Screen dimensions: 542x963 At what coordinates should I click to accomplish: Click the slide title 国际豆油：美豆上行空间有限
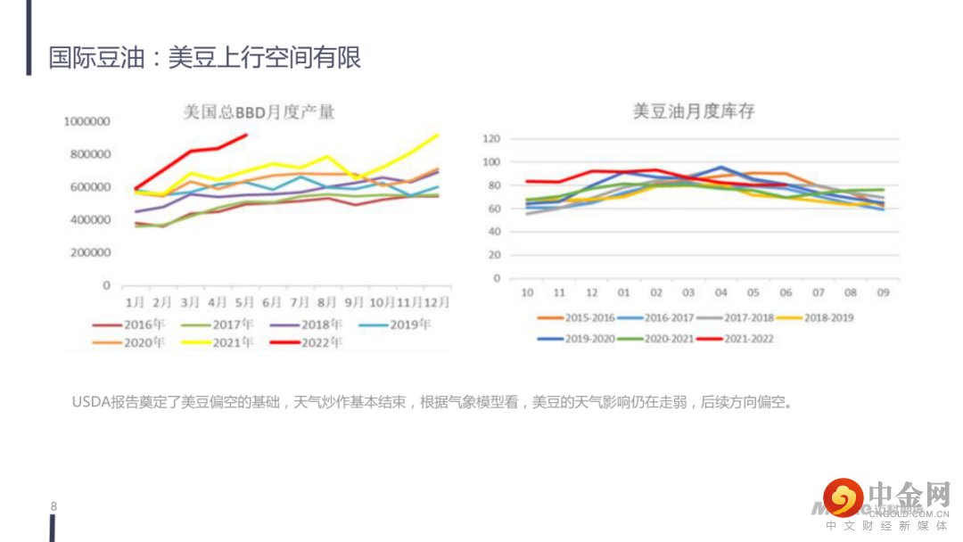tap(205, 58)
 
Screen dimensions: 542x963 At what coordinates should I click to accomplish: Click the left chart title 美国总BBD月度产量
tap(259, 112)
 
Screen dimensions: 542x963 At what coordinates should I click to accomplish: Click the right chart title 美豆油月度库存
tap(695, 111)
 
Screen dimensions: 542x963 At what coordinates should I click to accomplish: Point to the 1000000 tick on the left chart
tap(86, 121)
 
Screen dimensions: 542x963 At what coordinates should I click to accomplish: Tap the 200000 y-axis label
tap(90, 252)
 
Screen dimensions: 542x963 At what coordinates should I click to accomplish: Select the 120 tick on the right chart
tap(491, 139)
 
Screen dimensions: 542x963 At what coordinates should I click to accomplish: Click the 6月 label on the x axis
tap(271, 302)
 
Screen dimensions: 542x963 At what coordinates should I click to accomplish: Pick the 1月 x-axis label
tap(136, 302)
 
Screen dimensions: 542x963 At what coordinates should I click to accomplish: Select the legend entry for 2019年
tap(411, 324)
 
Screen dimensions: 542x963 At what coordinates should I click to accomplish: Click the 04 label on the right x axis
tap(721, 292)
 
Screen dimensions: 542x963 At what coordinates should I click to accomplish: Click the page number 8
tap(53, 506)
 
